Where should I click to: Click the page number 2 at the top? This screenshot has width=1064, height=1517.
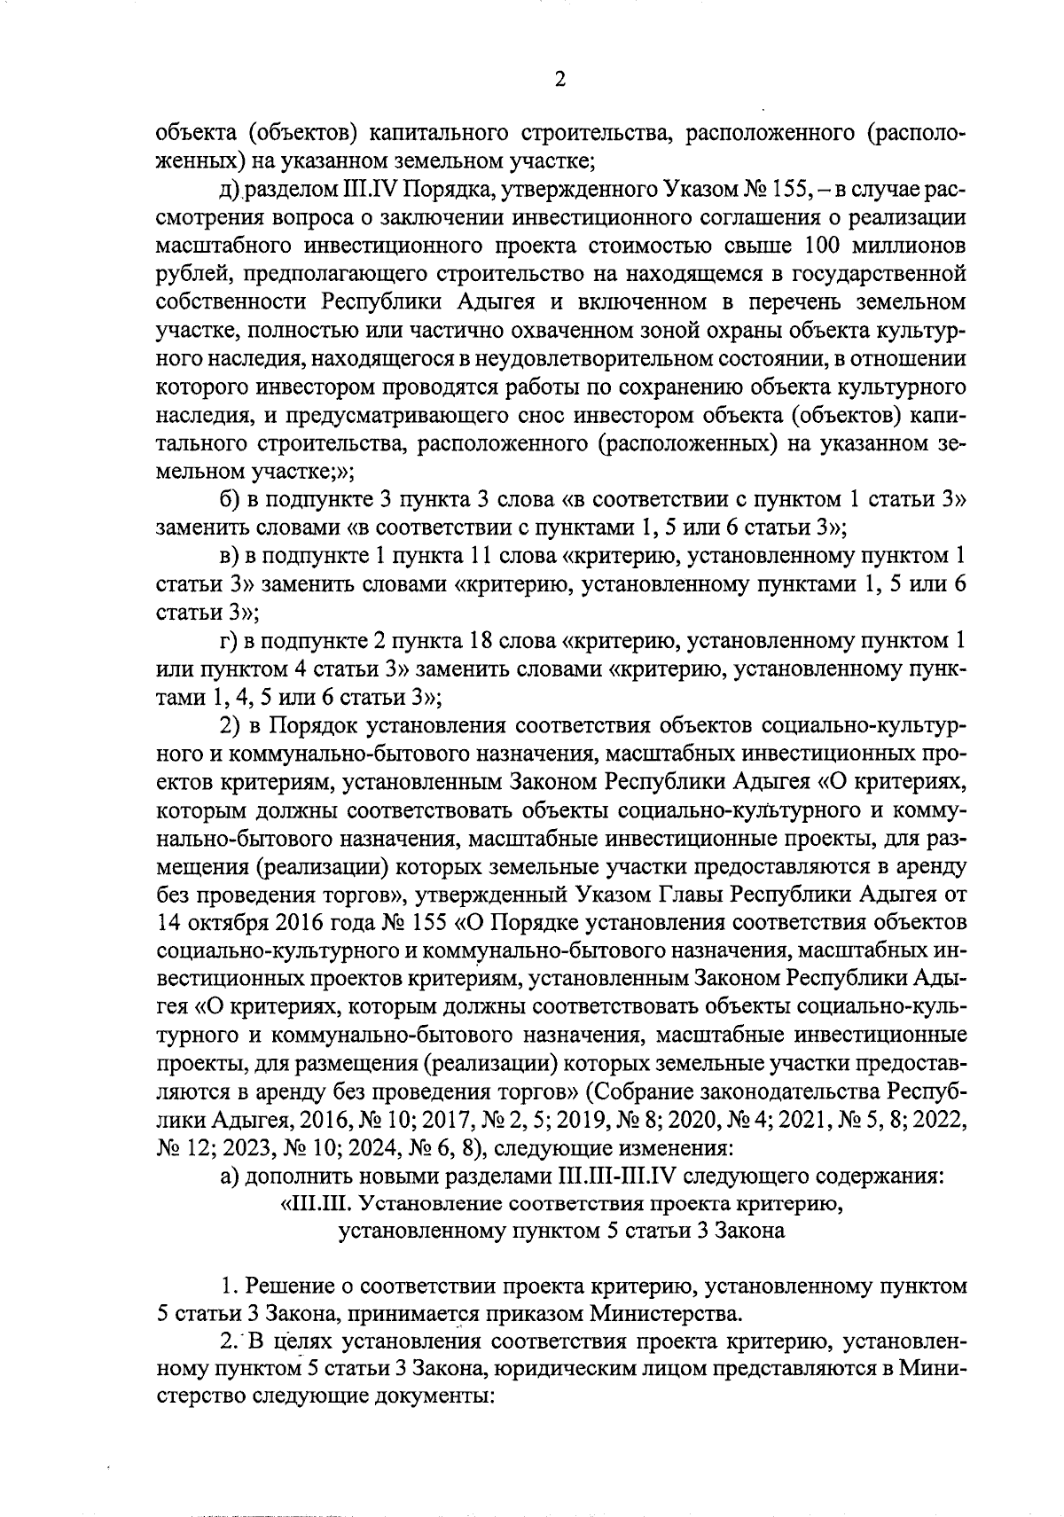559,80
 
